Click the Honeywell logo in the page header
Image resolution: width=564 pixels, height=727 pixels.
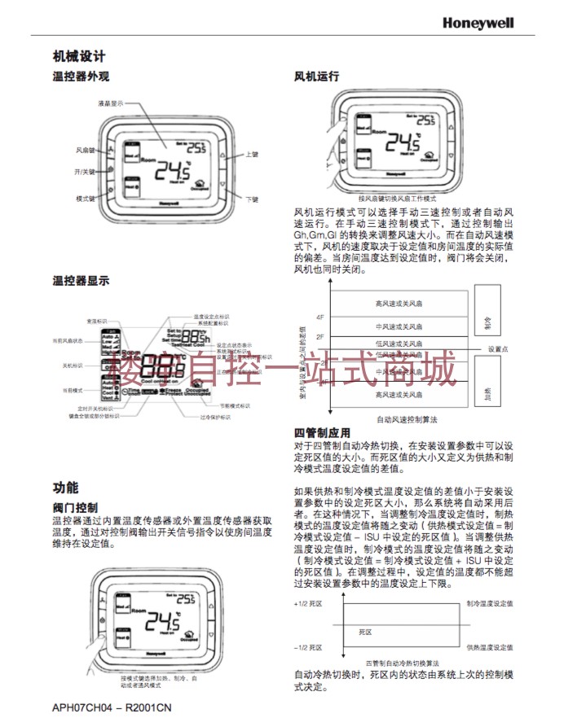click(x=478, y=24)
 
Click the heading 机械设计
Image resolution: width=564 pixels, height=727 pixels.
click(x=79, y=56)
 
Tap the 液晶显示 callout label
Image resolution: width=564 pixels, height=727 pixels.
click(x=110, y=104)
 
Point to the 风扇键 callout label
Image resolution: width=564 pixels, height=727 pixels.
click(x=86, y=151)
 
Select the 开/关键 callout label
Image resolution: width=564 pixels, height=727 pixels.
click(x=86, y=173)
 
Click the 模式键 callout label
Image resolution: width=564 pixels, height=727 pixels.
click(x=86, y=199)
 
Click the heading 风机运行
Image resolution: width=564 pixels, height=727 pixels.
click(x=316, y=77)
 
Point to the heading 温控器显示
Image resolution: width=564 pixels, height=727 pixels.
click(x=81, y=280)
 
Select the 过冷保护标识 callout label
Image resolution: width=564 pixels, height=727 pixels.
click(x=216, y=417)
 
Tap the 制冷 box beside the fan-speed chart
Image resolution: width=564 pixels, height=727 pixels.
click(x=487, y=323)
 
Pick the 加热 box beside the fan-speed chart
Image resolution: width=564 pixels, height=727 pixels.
click(x=487, y=394)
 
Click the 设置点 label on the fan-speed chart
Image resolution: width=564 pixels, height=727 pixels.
click(x=499, y=349)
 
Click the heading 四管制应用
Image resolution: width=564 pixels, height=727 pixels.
click(x=322, y=433)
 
